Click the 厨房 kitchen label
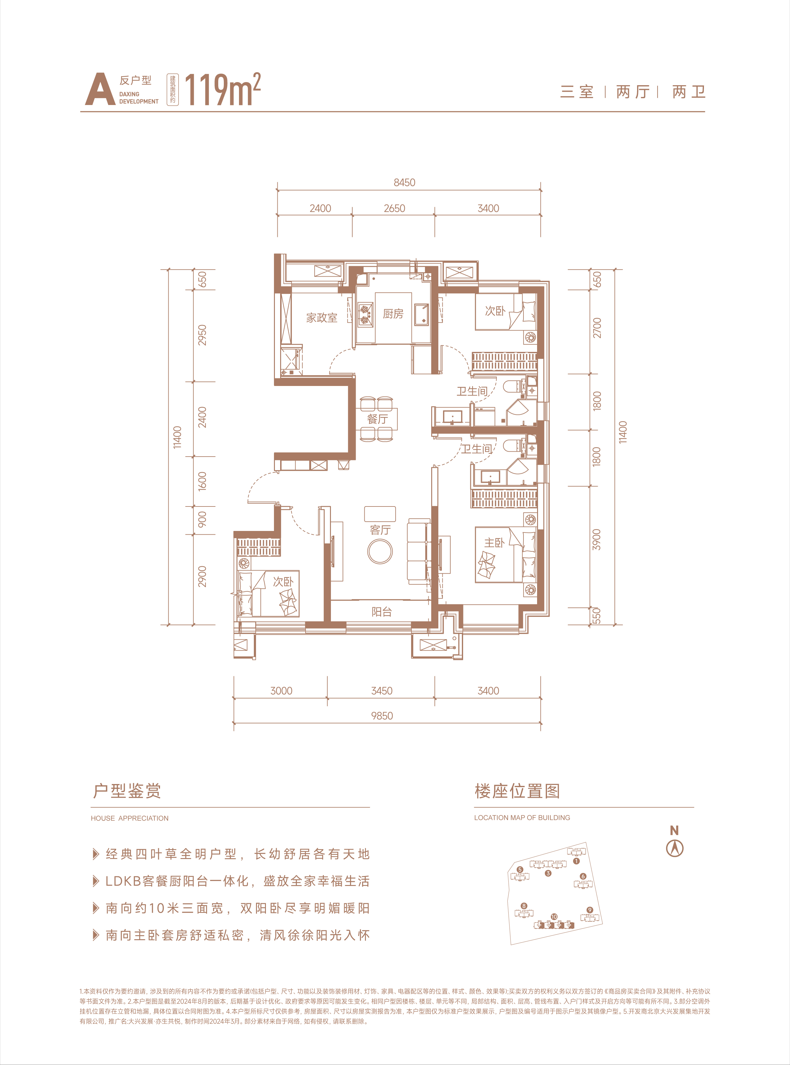pos(393,314)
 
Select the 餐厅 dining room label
pos(377,419)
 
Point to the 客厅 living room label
pos(380,530)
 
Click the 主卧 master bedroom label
pos(494,542)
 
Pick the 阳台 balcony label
pos(382,611)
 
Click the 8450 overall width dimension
pos(405,182)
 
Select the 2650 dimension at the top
pos(394,208)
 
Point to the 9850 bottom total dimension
pos(382,716)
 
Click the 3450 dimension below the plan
pos(382,691)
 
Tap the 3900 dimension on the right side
pos(596,540)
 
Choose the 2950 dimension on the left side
pos(202,335)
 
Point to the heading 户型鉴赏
pos(127,791)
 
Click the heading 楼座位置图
pos(517,791)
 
